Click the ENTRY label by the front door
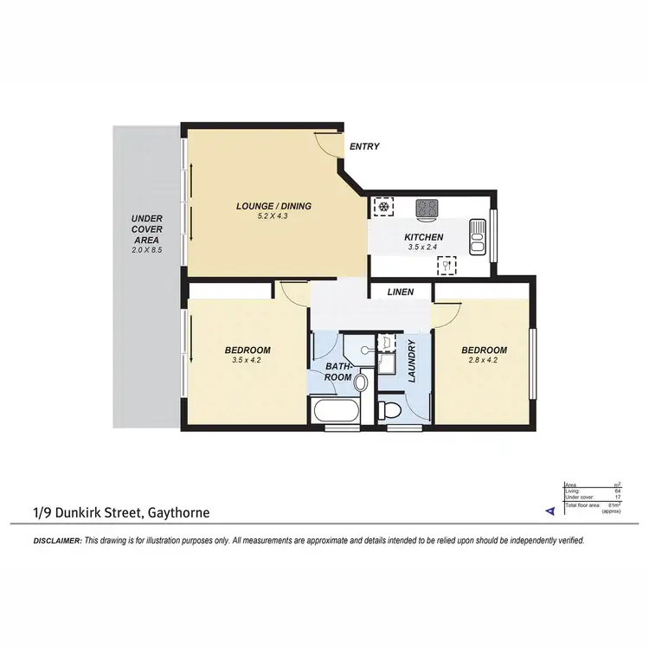364,147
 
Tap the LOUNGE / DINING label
273,206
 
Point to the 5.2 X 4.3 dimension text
273,217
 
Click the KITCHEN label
424,237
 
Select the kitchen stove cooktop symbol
427,208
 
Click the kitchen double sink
478,236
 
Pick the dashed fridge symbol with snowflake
382,208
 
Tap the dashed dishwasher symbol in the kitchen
447,265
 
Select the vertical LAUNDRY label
413,361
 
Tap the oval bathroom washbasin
361,381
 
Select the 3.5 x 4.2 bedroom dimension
247,361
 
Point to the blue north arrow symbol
549,512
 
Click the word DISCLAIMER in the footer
57,540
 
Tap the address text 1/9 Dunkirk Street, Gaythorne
122,513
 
